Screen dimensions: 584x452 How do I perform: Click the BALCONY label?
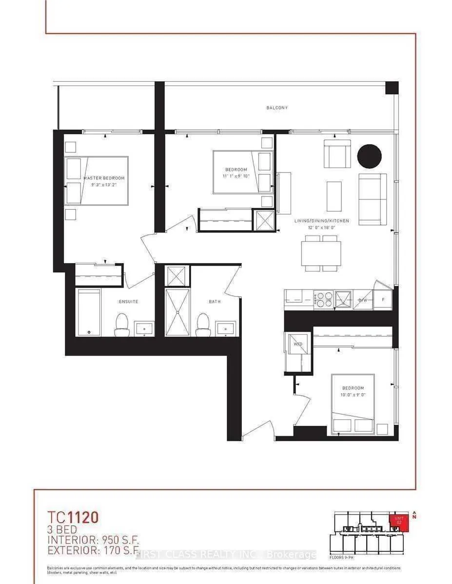click(x=276, y=108)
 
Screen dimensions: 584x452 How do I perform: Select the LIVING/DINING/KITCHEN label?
click(x=321, y=221)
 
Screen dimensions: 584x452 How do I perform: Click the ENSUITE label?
click(x=128, y=302)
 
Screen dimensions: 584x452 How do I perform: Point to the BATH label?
click(x=215, y=302)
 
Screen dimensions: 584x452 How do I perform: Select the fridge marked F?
click(x=383, y=300)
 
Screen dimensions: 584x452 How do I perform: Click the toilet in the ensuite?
click(x=122, y=325)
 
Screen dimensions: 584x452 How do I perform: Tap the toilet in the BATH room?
click(x=202, y=325)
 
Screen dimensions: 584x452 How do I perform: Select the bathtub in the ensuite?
click(x=89, y=312)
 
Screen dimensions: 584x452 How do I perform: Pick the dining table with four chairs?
click(x=321, y=253)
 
